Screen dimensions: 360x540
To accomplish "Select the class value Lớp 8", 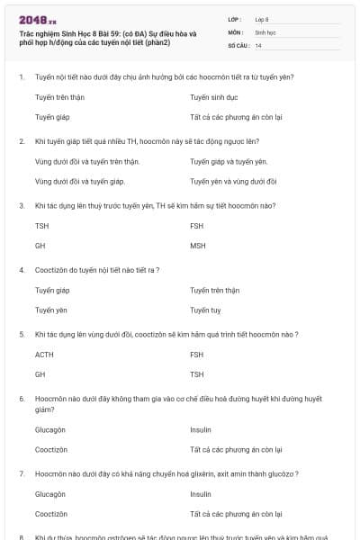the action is pos(262,18).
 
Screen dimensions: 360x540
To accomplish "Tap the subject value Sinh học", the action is pos(265,31).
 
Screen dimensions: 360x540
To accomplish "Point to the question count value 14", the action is pos(258,44).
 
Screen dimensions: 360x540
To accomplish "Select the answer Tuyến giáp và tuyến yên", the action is pos(229,161).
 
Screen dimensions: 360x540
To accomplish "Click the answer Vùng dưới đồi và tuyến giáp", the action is pos(79,181).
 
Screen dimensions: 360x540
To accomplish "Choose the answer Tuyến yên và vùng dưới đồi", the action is pos(233,181).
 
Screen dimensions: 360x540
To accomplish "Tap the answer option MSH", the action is pos(198,245).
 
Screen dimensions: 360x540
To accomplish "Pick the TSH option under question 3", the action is pos(41,225).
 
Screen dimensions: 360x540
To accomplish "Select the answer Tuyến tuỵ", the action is pos(205,310).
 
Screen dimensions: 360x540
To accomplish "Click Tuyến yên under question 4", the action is pos(51,310).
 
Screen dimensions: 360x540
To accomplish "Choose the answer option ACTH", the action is pos(44,355).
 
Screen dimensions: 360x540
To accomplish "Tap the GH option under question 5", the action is pos(40,374).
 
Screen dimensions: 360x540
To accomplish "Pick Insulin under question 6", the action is pos(201,429).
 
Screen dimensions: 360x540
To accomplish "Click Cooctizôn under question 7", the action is pos(51,514).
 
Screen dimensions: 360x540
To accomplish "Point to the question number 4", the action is pos(22,269).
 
